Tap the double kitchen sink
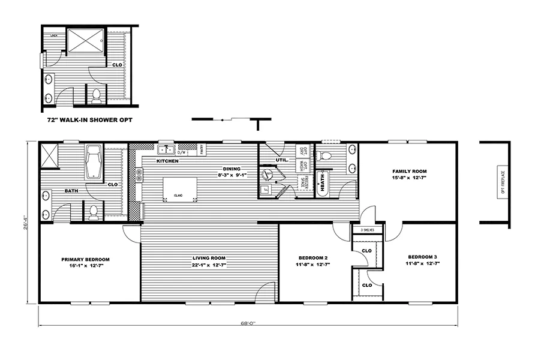tap(166, 150)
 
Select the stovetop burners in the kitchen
tap(139, 175)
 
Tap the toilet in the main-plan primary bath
tap(94, 211)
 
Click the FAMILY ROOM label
tap(409, 172)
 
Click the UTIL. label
tap(282, 160)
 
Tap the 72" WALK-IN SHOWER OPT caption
tap(90, 120)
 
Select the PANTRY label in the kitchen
tap(202, 149)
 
